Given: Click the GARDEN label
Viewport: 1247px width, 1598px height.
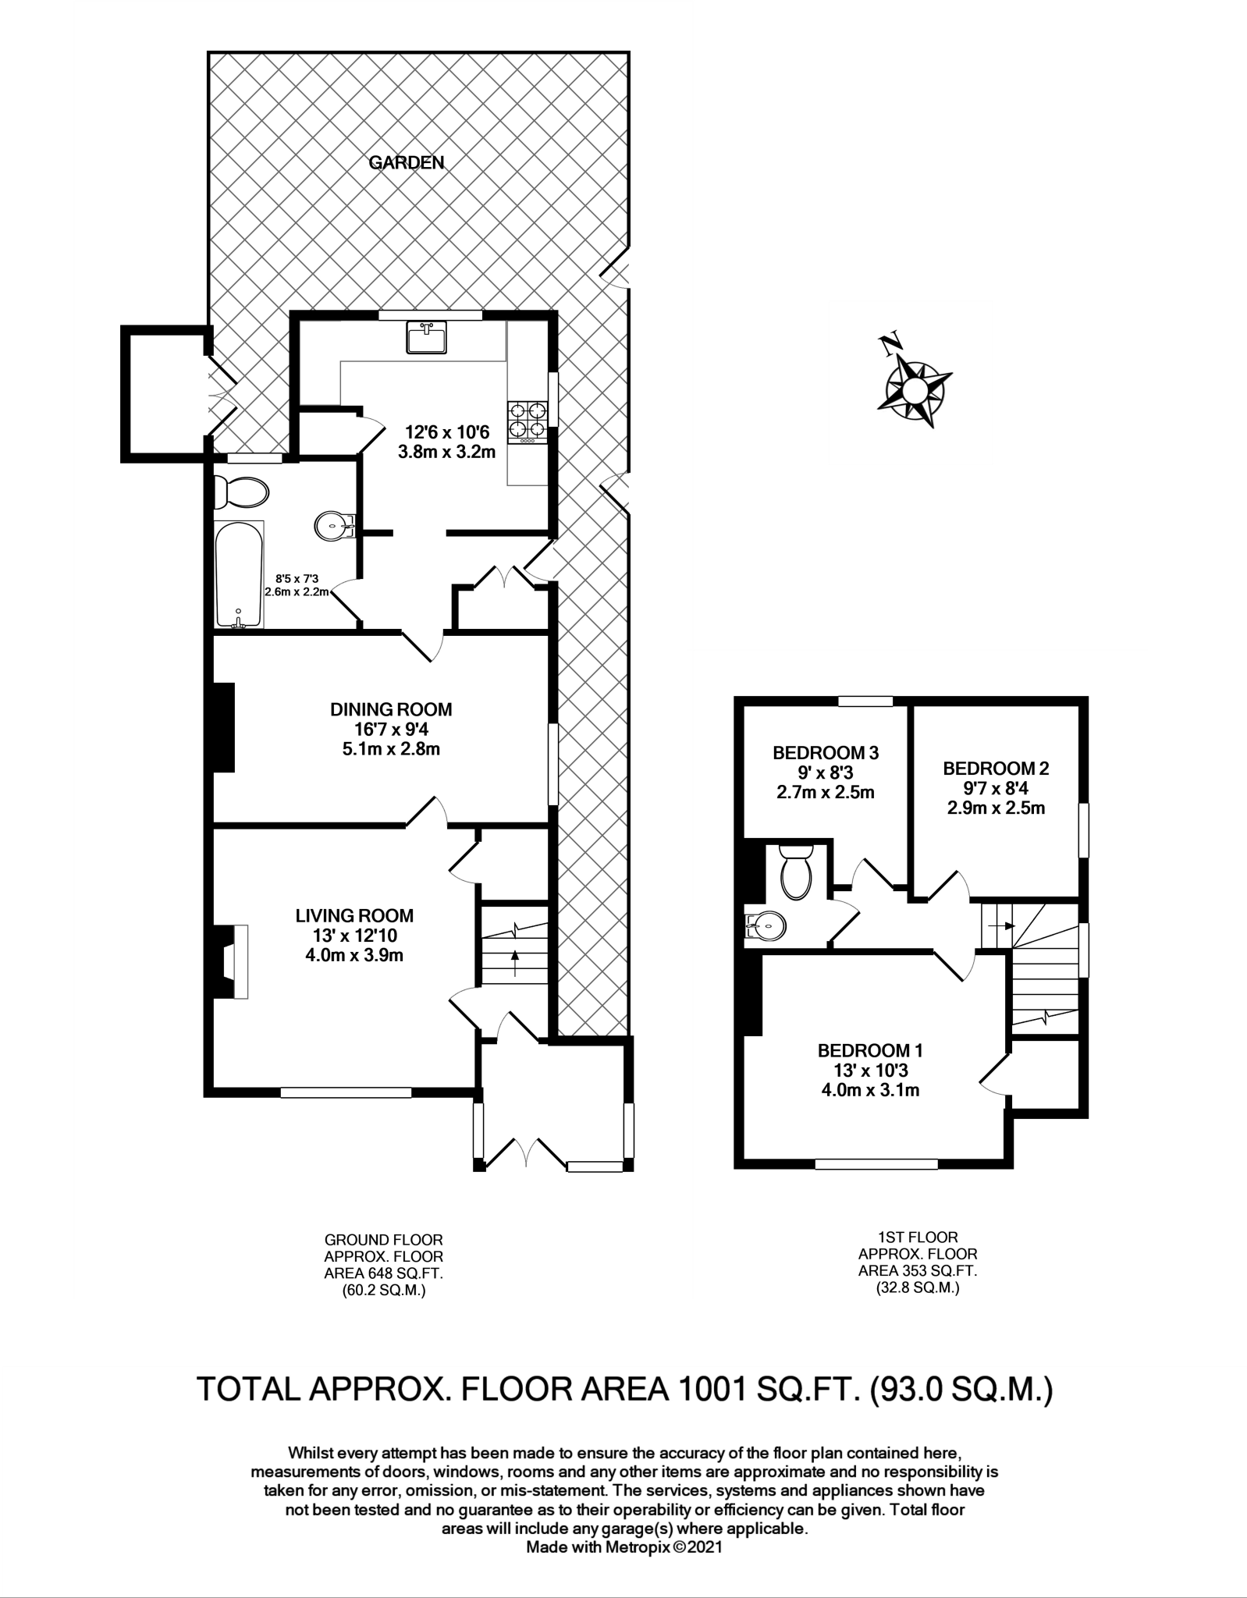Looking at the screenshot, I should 406,162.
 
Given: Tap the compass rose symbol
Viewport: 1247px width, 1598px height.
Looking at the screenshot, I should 914,387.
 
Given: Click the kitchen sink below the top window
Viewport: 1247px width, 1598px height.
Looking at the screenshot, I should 425,339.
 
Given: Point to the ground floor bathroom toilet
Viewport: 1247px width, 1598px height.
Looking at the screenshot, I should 241,492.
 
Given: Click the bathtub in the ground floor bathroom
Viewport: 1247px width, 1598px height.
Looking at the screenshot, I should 239,575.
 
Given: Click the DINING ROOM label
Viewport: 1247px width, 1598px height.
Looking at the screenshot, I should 391,709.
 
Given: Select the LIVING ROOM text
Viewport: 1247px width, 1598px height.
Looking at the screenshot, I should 354,915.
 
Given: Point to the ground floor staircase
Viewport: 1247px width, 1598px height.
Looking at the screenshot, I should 514,945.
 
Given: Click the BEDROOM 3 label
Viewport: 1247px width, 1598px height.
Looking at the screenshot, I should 826,753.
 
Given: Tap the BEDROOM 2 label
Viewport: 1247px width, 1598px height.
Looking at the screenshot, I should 996,768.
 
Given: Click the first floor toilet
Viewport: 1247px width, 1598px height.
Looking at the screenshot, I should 797,872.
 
